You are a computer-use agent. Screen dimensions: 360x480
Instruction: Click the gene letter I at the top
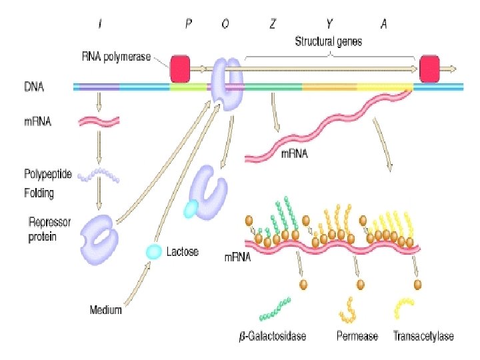point(100,24)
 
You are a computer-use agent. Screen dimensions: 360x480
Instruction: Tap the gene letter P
point(189,24)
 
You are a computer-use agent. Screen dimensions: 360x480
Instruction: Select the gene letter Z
point(273,24)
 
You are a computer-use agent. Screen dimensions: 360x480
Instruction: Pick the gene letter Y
point(329,24)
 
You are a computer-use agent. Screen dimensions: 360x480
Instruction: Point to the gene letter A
point(384,24)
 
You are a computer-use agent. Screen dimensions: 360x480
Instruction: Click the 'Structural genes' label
point(329,41)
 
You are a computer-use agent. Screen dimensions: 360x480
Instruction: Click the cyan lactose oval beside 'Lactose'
point(154,251)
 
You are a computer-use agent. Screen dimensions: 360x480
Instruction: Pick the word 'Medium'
point(105,309)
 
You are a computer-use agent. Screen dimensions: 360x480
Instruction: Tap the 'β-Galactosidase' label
point(273,336)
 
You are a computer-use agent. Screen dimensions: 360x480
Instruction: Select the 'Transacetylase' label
point(423,336)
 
